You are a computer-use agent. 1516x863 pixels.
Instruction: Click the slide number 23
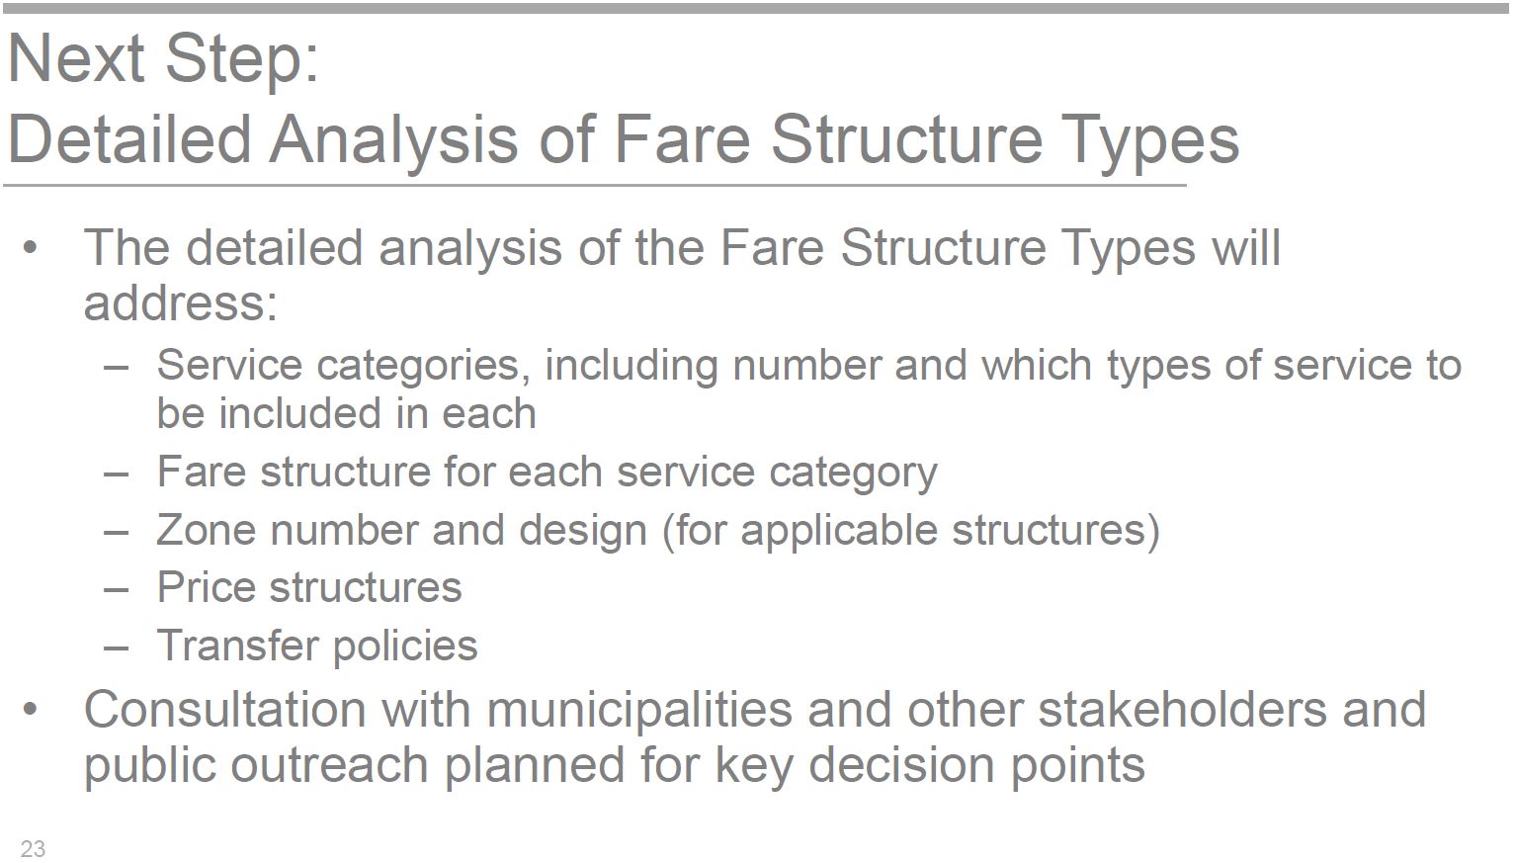point(34,848)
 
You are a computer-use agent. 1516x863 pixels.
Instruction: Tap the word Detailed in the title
point(129,139)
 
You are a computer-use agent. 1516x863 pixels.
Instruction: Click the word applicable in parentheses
point(838,532)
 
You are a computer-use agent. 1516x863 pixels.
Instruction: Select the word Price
point(206,587)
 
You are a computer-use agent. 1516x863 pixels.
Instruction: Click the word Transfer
point(237,645)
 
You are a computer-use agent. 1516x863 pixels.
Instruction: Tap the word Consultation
point(225,710)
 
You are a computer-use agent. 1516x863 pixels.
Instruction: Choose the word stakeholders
point(1182,710)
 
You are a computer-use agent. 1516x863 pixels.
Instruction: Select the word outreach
point(330,765)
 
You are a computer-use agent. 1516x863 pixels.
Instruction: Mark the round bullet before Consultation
point(30,710)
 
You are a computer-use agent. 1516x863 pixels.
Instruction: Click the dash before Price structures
point(117,589)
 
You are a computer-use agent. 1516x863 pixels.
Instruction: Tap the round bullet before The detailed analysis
point(30,248)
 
